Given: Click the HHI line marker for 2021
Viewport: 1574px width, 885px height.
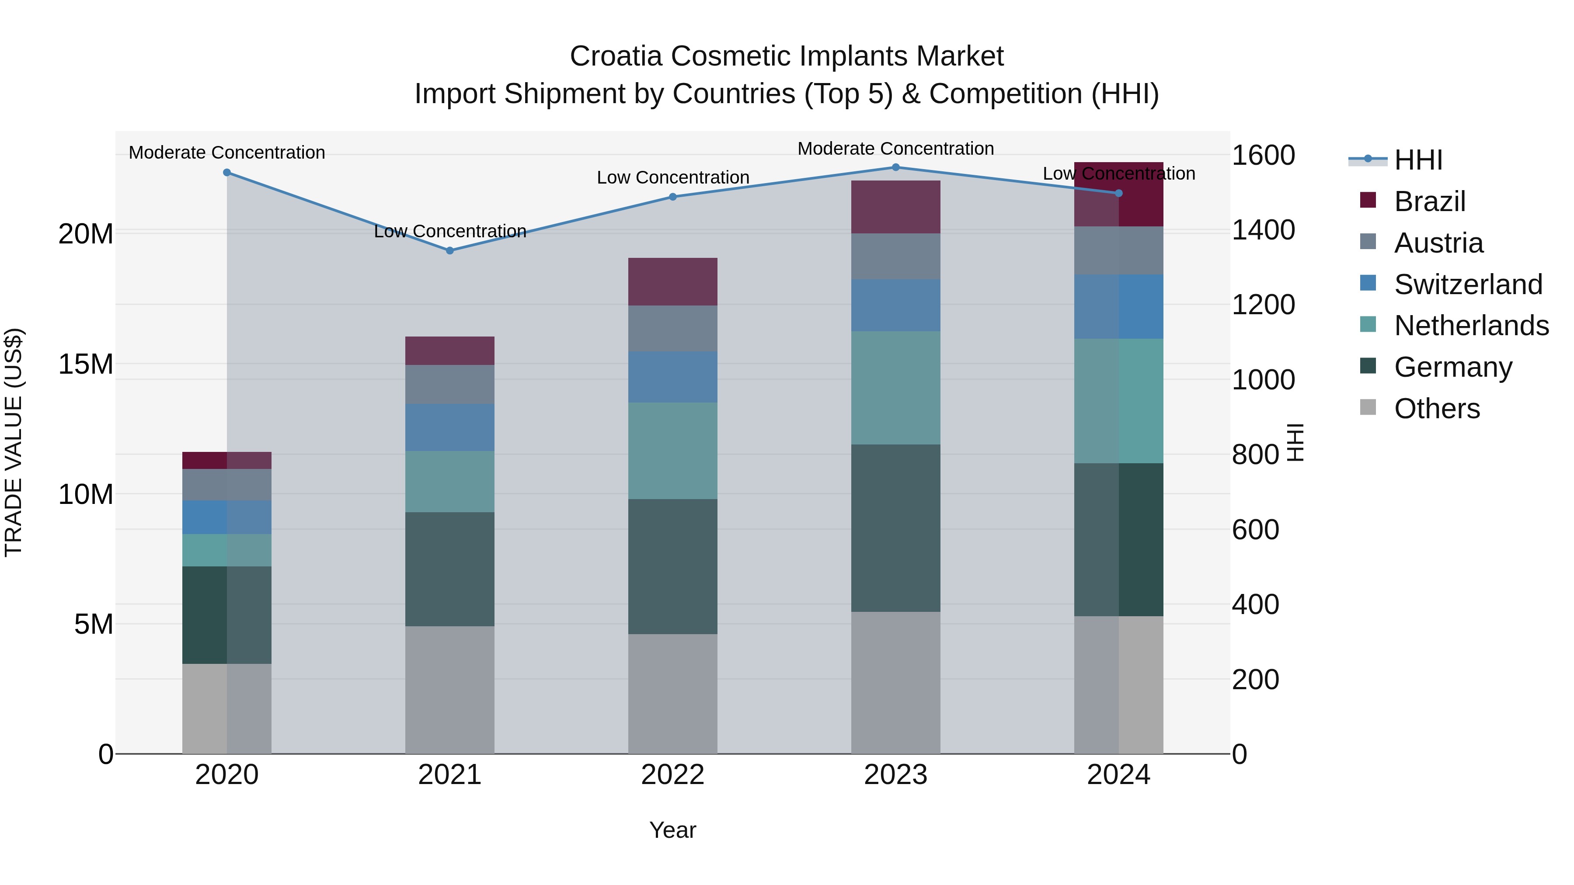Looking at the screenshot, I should click(x=450, y=250).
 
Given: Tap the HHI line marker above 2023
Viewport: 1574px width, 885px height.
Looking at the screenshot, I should click(x=896, y=167).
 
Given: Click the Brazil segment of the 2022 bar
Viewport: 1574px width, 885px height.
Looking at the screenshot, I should click(x=673, y=281).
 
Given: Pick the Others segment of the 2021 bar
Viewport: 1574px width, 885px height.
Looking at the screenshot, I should click(x=450, y=690).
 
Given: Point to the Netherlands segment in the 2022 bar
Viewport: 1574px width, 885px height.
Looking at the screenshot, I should click(x=673, y=451).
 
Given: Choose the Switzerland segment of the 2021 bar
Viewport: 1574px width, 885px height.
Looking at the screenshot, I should click(x=450, y=427).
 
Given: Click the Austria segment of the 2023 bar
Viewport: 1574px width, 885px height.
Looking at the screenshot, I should click(x=896, y=257).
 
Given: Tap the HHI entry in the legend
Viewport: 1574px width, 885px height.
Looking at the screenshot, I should click(x=1417, y=160).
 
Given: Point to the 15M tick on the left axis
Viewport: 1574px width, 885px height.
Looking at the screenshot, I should click(x=86, y=364).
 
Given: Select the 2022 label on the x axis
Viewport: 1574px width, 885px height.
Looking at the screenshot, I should click(x=673, y=775).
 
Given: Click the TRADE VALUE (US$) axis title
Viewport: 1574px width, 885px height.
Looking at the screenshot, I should click(x=14, y=442).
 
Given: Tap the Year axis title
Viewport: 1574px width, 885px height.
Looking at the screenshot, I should click(x=673, y=830).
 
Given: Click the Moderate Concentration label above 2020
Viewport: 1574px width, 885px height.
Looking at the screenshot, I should click(x=226, y=152).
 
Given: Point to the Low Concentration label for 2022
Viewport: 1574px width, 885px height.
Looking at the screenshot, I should click(x=673, y=177).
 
